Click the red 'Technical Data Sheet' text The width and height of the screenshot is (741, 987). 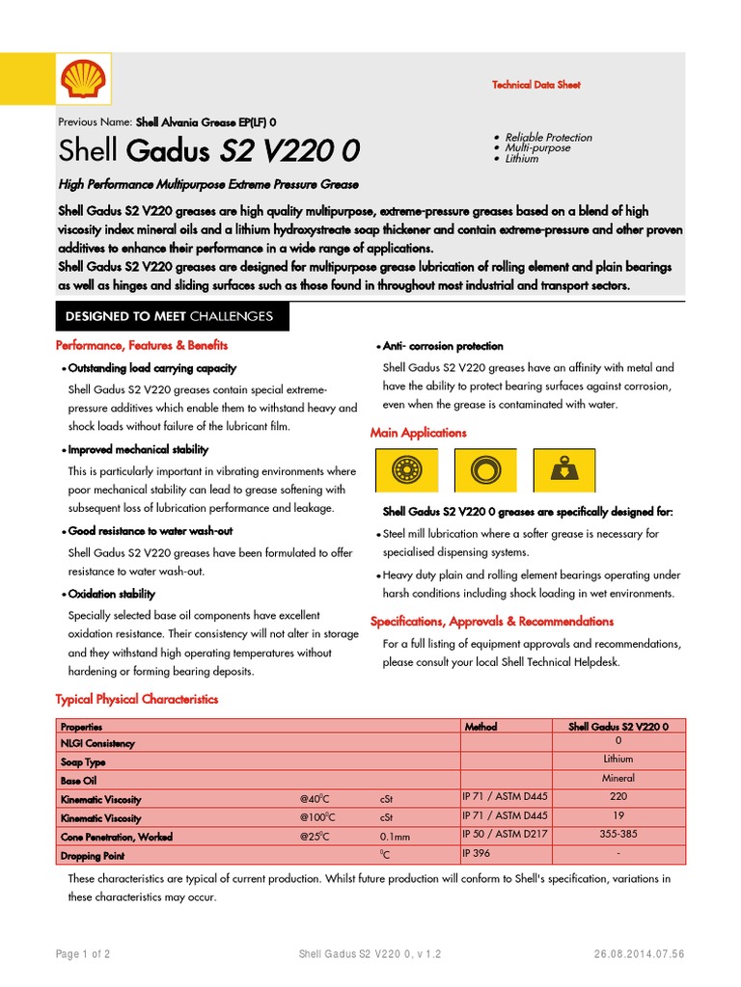535,85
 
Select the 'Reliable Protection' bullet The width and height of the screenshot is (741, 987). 548,137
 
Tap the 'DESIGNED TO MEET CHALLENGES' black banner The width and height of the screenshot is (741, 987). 169,316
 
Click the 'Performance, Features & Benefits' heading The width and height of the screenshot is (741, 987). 142,345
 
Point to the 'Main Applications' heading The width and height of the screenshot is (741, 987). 418,433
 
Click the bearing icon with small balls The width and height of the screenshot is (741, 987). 406,471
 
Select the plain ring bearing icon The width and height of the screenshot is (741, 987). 484,471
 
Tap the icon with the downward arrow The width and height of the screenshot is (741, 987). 563,471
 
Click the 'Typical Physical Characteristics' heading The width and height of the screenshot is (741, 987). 137,699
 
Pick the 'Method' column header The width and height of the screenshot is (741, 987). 480,726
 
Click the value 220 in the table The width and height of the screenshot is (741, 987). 618,797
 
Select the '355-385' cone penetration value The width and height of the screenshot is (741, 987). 618,835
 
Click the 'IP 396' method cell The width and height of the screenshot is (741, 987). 477,853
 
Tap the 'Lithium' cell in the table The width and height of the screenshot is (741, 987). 618,760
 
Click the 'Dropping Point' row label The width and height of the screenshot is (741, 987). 93,855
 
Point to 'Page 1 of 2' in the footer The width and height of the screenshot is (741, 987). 83,954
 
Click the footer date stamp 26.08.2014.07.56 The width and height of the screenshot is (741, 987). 640,954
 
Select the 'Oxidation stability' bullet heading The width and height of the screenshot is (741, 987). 111,595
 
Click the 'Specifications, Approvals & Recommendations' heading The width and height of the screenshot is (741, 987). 492,622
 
